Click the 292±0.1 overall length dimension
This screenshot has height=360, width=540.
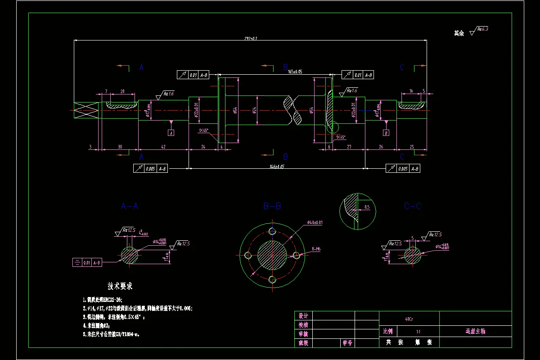251,38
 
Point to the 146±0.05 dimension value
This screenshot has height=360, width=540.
276,166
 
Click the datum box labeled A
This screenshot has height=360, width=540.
171,133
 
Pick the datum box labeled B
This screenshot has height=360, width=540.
386,133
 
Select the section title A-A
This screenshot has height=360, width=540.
130,206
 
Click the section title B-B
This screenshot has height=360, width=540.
272,206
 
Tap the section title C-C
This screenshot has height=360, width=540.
412,206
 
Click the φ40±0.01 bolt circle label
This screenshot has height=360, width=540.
315,222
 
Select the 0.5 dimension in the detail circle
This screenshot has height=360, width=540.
367,207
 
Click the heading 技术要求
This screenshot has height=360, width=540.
120,286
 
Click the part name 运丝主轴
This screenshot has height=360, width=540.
475,331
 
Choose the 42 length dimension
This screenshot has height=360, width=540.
163,147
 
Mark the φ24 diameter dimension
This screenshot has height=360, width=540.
255,110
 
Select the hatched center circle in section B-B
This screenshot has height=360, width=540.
272,255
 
